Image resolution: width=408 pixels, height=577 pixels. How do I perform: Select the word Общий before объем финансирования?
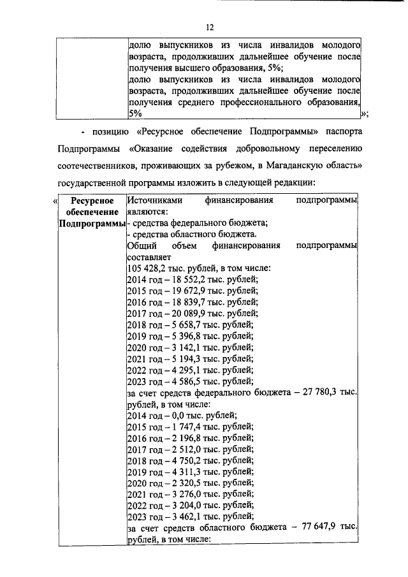141,245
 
